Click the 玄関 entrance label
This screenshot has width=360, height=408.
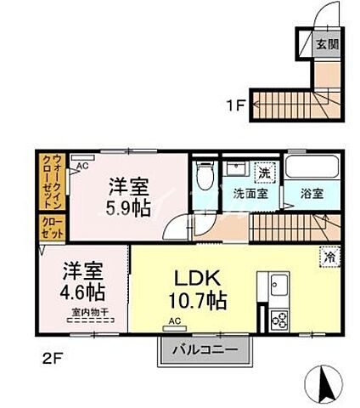pos(327,43)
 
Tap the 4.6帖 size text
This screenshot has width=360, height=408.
pos(82,292)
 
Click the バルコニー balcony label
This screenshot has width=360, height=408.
pos(205,351)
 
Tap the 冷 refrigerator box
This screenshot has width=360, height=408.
pos(328,254)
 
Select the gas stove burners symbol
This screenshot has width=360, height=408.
pos(278,320)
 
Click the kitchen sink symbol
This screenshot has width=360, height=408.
pos(279,286)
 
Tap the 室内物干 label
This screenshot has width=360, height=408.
pos(83,313)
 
